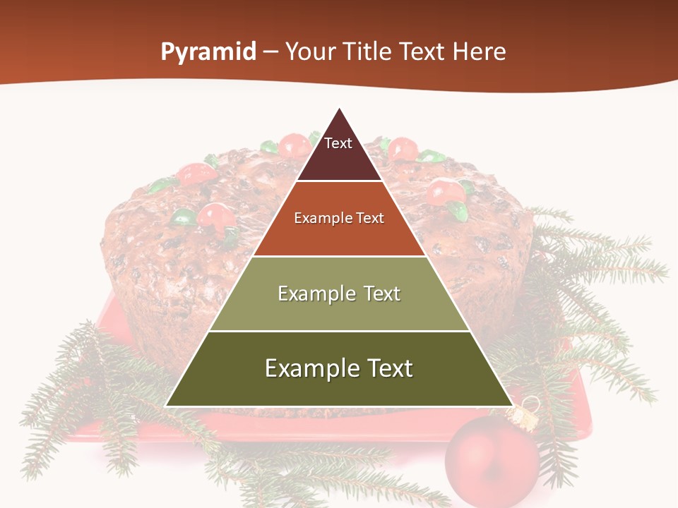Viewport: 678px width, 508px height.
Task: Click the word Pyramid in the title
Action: [x=208, y=52]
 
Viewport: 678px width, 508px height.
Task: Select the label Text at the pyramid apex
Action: [x=338, y=143]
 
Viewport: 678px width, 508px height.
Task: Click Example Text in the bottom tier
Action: [x=339, y=368]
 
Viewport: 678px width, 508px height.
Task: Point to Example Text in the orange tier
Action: [x=339, y=218]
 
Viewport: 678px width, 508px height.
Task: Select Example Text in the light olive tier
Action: [x=339, y=294]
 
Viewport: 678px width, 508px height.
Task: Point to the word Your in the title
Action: [x=309, y=52]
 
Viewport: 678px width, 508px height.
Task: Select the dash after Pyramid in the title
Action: [x=270, y=52]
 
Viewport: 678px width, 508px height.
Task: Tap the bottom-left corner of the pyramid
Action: [x=167, y=406]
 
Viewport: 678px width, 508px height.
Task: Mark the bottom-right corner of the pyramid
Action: [x=511, y=406]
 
